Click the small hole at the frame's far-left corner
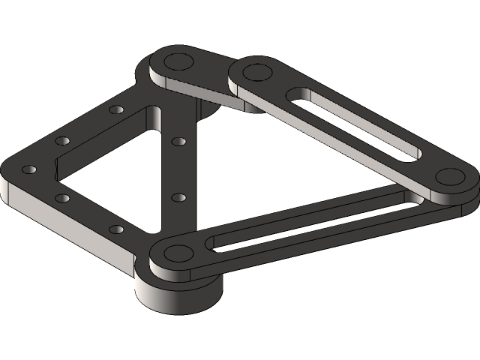29,169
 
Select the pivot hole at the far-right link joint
450,177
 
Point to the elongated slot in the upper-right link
352,124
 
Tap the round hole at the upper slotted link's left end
256,73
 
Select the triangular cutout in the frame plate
112,172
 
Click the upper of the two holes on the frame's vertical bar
178,140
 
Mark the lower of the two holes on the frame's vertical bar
178,197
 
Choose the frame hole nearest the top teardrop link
115,110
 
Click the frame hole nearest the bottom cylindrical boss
115,228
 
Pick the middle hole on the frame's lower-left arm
62,199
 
